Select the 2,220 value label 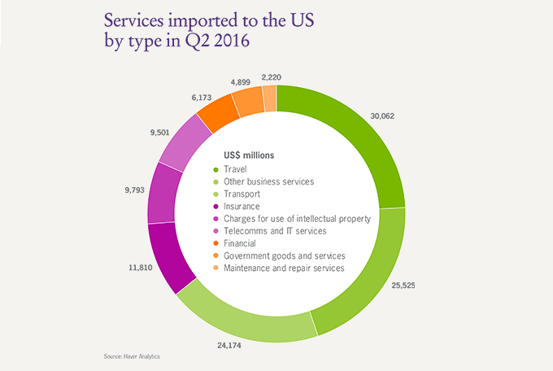point(273,77)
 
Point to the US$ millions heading point(249,155)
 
